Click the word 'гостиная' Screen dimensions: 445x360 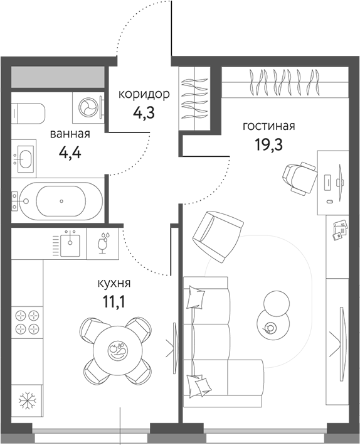[x=268, y=126]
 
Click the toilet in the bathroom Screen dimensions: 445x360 [x=29, y=112]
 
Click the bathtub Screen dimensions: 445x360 [x=60, y=201]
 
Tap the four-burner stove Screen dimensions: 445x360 [x=26, y=323]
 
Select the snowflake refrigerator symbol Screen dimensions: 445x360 [x=26, y=400]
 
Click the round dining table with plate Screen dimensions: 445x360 [x=117, y=350]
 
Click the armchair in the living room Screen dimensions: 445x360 [x=216, y=236]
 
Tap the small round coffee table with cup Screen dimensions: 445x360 [x=271, y=326]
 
